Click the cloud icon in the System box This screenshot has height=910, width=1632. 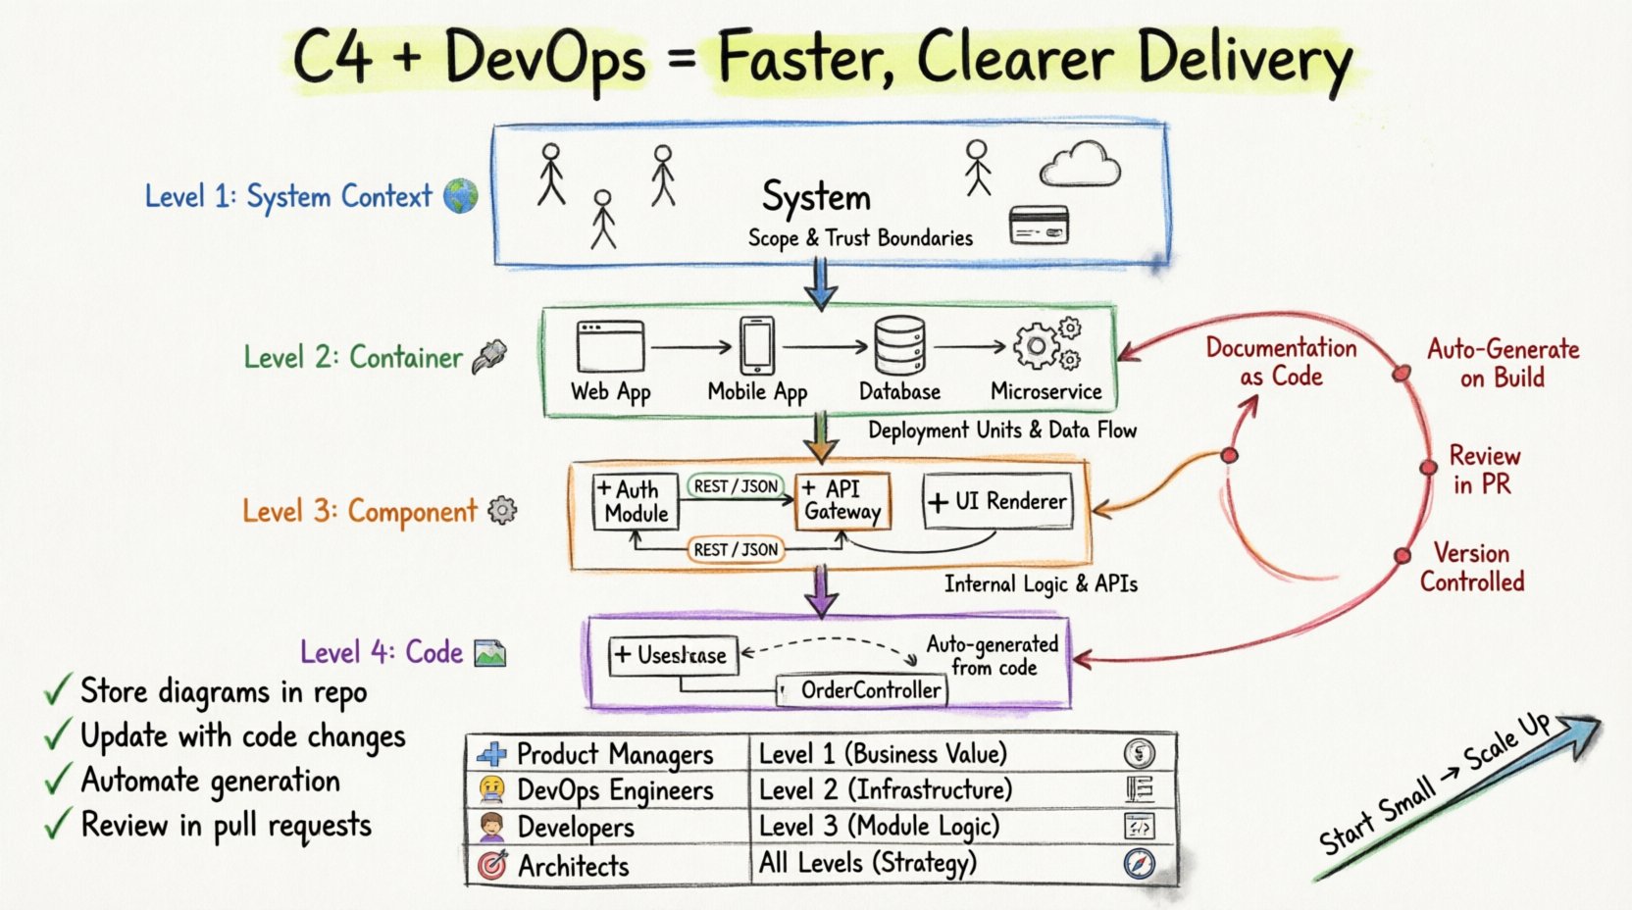tap(1081, 164)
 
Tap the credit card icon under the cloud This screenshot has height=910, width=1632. tap(1039, 227)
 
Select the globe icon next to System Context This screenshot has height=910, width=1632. tap(460, 195)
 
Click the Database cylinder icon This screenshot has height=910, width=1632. tap(899, 345)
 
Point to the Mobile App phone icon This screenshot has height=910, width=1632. tap(756, 345)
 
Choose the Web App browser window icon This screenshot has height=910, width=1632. tap(610, 346)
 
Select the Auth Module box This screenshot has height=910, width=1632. tap(637, 501)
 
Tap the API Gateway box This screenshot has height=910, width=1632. tap(842, 500)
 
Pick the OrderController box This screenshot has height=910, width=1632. tap(862, 690)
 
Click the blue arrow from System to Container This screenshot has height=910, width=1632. tap(821, 284)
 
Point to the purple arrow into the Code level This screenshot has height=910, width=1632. tap(821, 591)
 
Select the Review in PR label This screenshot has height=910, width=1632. tap(1483, 470)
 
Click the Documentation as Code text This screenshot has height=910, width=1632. tap(1281, 362)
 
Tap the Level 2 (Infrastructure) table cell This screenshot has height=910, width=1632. tap(885, 789)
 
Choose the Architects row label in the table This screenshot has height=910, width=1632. tap(574, 866)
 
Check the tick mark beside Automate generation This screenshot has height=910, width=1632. tap(57, 781)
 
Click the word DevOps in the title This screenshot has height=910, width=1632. tap(544, 59)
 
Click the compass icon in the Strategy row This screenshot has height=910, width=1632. tap(1139, 864)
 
